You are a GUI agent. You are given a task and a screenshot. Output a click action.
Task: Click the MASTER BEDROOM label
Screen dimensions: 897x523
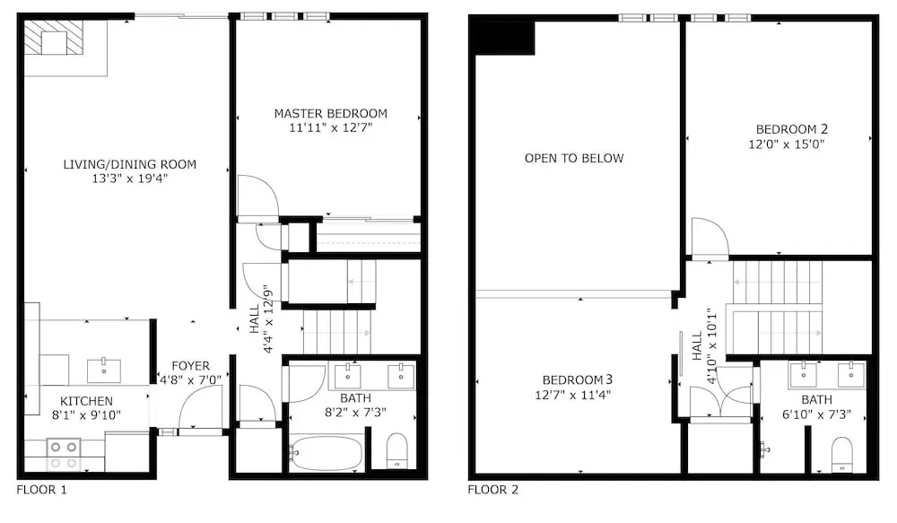pyautogui.click(x=331, y=113)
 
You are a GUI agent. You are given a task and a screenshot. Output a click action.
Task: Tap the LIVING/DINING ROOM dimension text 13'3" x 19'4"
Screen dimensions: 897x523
pyautogui.click(x=130, y=179)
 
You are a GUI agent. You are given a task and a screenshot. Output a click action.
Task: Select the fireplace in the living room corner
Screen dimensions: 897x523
pyautogui.click(x=54, y=38)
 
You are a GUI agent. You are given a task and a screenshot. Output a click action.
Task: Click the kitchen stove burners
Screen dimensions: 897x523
pyautogui.click(x=64, y=454)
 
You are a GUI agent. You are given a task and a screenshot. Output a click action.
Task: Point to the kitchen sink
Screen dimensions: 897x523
pyautogui.click(x=104, y=370)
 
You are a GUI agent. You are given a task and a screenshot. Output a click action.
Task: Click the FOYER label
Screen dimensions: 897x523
pyautogui.click(x=190, y=366)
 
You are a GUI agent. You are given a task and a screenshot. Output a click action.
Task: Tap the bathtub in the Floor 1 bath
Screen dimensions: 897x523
pyautogui.click(x=326, y=453)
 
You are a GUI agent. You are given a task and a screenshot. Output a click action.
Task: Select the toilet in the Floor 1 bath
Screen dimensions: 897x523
pyautogui.click(x=397, y=450)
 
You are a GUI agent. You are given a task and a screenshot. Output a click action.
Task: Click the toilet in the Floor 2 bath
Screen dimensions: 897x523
pyautogui.click(x=841, y=454)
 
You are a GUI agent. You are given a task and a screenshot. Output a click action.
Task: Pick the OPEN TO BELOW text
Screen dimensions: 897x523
pyautogui.click(x=574, y=158)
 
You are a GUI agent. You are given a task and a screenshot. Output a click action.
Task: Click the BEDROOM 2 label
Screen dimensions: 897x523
pyautogui.click(x=792, y=129)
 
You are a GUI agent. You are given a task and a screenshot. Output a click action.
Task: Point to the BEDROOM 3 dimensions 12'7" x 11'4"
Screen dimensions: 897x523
pyautogui.click(x=572, y=394)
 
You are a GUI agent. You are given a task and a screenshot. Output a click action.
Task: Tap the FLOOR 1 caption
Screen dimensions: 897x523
pyautogui.click(x=42, y=490)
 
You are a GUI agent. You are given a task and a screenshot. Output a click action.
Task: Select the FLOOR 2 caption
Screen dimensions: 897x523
pyautogui.click(x=493, y=490)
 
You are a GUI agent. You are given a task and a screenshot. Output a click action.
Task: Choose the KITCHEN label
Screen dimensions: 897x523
pyautogui.click(x=86, y=401)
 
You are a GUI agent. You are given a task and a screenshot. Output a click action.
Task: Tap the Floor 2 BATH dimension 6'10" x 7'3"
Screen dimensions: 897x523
pyautogui.click(x=816, y=414)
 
